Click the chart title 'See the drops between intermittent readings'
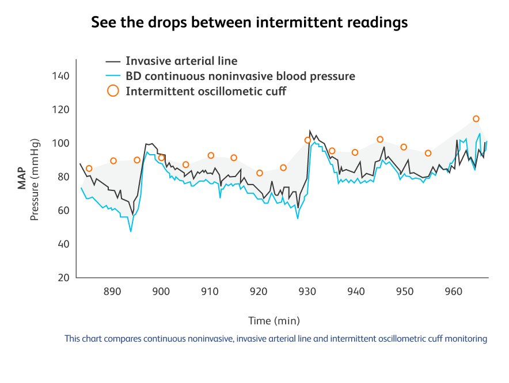coord(249,22)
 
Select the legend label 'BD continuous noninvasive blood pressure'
coord(240,76)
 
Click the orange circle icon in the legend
coord(113,91)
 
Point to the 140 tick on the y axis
coord(60,76)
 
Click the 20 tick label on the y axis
coord(63,278)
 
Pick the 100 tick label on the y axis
coord(60,143)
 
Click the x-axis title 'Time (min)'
coord(274,320)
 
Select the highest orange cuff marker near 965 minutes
coord(476,119)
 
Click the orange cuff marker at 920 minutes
coord(260,173)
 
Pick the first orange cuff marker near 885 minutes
coord(89,168)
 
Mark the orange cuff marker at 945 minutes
coord(380,140)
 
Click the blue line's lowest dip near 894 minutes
coord(131,231)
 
